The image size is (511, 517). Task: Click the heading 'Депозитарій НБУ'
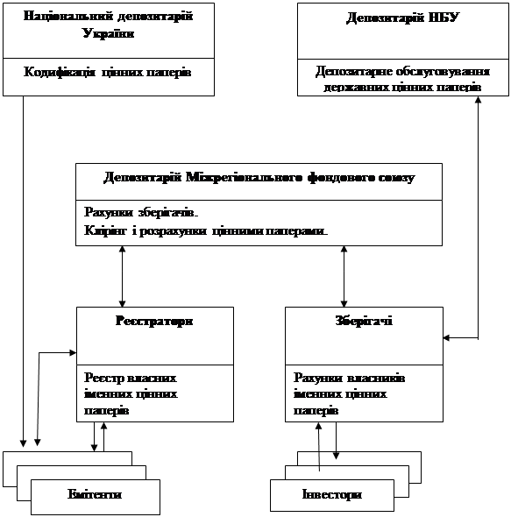(402, 18)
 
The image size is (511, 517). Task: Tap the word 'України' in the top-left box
(108, 33)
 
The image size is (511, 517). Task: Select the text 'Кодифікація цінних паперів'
(108, 72)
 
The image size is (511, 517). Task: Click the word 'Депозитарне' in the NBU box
(354, 72)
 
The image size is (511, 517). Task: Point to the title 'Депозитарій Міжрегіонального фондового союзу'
(259, 178)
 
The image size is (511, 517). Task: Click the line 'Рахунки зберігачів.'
(141, 213)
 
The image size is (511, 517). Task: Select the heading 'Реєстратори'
(154, 321)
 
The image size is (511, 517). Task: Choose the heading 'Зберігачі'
(364, 321)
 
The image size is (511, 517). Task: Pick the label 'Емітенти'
(95, 494)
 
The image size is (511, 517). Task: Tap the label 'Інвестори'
(332, 494)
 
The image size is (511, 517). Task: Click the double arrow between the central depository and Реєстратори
(122, 276)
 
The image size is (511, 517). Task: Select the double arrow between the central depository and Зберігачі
(344, 276)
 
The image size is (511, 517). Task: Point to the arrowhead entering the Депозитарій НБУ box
(478, 100)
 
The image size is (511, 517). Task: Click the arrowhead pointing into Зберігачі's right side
(446, 337)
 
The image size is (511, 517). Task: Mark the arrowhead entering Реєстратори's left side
(73, 353)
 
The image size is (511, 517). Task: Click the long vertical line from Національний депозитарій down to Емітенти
(23, 272)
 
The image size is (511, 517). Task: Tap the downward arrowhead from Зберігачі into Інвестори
(337, 456)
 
